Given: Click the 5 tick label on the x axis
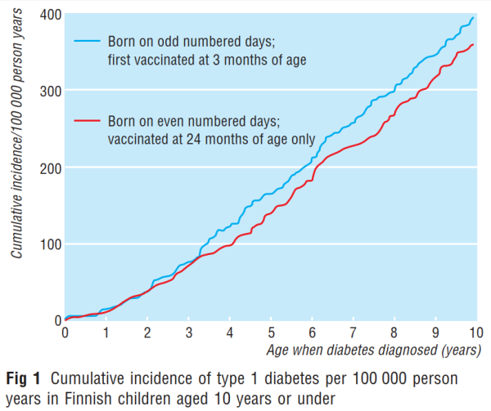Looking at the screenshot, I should pos(270,333).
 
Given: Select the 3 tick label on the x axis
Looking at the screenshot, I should pos(188,333).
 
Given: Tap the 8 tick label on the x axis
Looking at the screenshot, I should pos(394,333).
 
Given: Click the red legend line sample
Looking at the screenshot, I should pos(87,120).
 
